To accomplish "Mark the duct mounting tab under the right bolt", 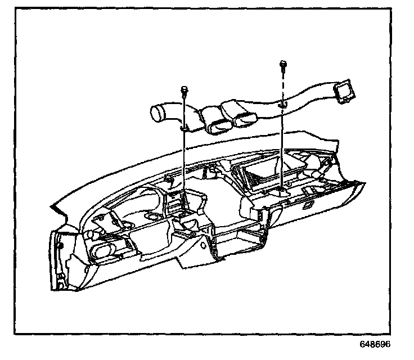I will pyautogui.click(x=282, y=105).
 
